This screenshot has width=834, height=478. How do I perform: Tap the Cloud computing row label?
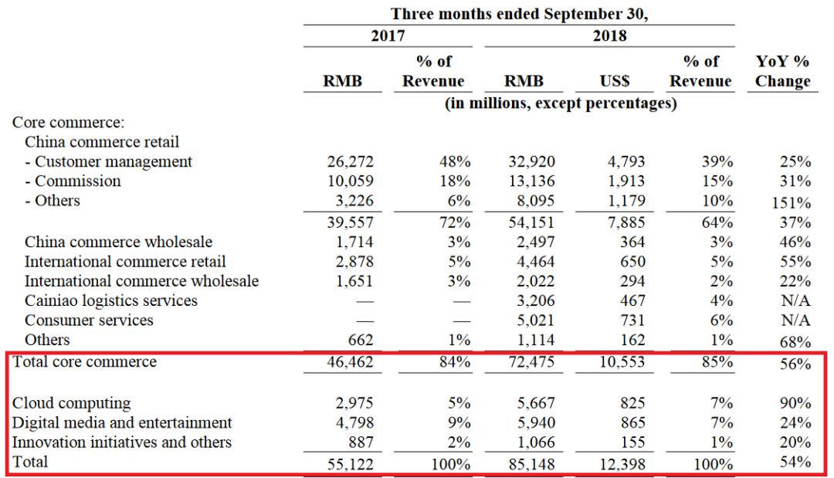tap(71, 403)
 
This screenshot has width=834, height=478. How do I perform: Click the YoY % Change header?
tap(782, 71)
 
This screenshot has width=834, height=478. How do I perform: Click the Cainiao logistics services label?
tap(110, 301)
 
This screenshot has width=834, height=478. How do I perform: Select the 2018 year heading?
tap(609, 36)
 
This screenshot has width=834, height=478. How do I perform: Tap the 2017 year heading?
tap(388, 36)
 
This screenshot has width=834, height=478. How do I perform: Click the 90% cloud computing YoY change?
tap(795, 404)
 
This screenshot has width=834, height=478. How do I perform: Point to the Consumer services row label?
tap(89, 320)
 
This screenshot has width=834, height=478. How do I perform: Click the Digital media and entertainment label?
tap(122, 423)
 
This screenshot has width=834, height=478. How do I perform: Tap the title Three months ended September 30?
tap(518, 14)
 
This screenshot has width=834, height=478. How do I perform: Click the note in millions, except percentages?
tap(560, 103)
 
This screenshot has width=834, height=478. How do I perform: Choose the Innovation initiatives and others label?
tap(122, 442)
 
